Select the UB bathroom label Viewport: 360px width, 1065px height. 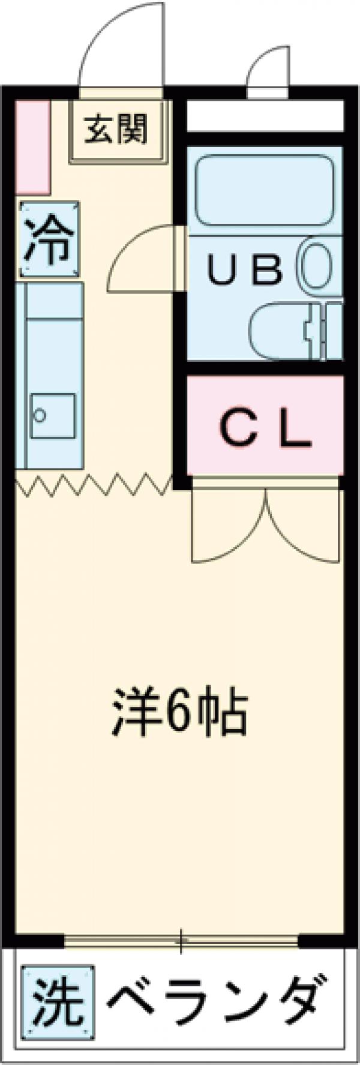click(244, 269)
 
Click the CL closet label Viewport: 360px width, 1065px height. click(265, 428)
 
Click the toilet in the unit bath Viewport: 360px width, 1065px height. click(282, 332)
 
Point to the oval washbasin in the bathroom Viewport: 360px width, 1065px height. click(317, 269)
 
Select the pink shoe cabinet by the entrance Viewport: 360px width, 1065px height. click(32, 146)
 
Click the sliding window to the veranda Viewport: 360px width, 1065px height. click(180, 940)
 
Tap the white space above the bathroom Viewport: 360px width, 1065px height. click(264, 115)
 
